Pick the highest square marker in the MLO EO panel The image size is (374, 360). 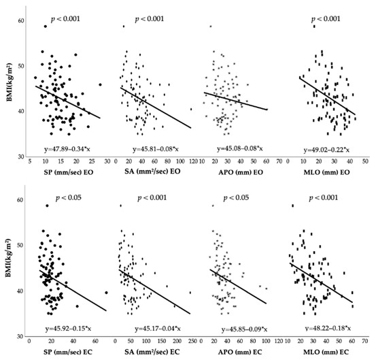[x=313, y=26]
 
